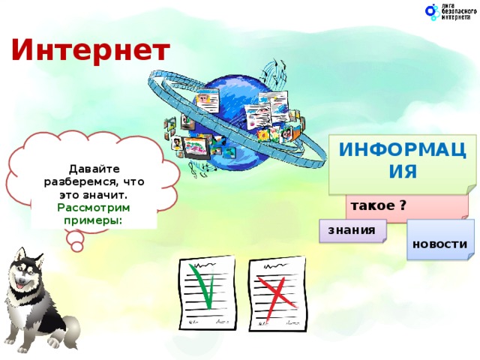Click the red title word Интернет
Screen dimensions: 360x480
point(91,51)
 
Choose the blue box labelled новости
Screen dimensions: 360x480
point(439,244)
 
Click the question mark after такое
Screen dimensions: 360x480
point(403,205)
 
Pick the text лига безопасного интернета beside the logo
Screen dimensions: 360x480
point(457,12)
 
